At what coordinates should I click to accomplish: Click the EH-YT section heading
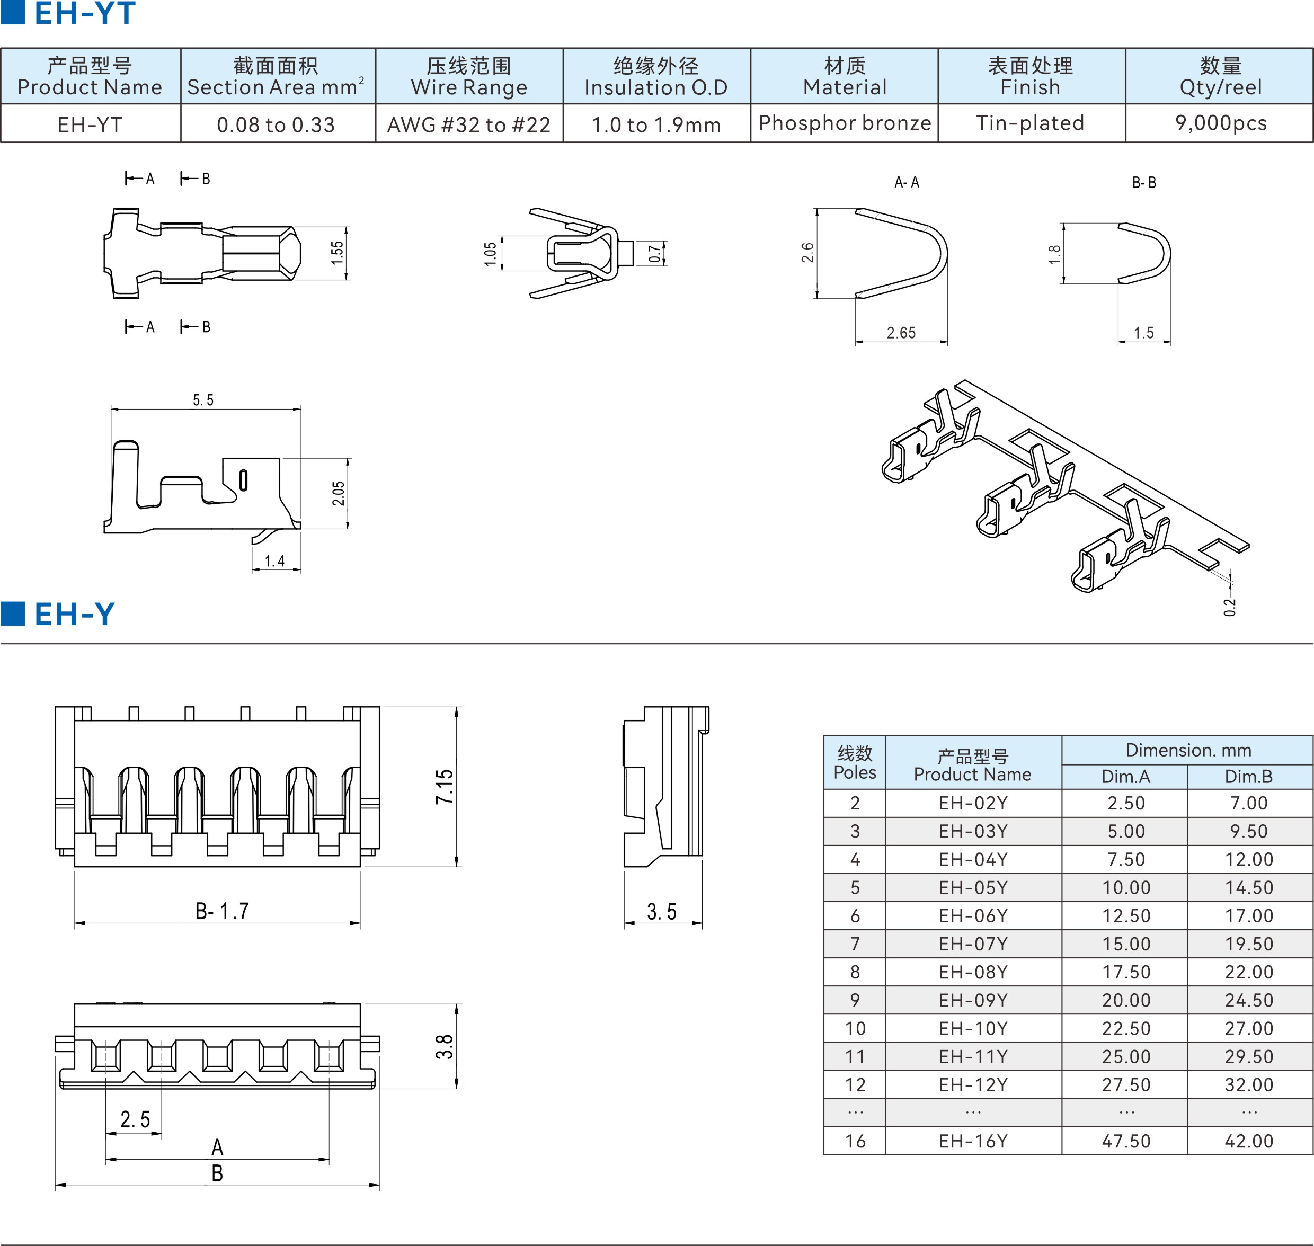point(84,13)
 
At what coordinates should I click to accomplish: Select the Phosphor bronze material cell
point(845,123)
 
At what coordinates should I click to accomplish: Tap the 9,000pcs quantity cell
point(1220,123)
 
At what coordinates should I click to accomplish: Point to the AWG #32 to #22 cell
point(469,124)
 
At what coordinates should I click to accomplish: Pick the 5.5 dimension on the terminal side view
point(203,400)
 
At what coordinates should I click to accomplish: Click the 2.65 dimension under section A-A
point(901,333)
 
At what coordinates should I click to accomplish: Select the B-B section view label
point(1144,183)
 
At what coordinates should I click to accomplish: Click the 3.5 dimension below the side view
point(662,912)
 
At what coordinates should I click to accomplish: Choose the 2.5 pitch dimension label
point(135,1119)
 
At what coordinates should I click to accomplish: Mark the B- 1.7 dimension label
point(222,911)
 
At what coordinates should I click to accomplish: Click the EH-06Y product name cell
point(973,915)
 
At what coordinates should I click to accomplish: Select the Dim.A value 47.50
point(1125,1141)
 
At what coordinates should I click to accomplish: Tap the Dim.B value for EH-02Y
point(1249,803)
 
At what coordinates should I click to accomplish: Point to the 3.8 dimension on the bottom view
point(445,1047)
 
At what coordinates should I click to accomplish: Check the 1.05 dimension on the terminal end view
point(490,254)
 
